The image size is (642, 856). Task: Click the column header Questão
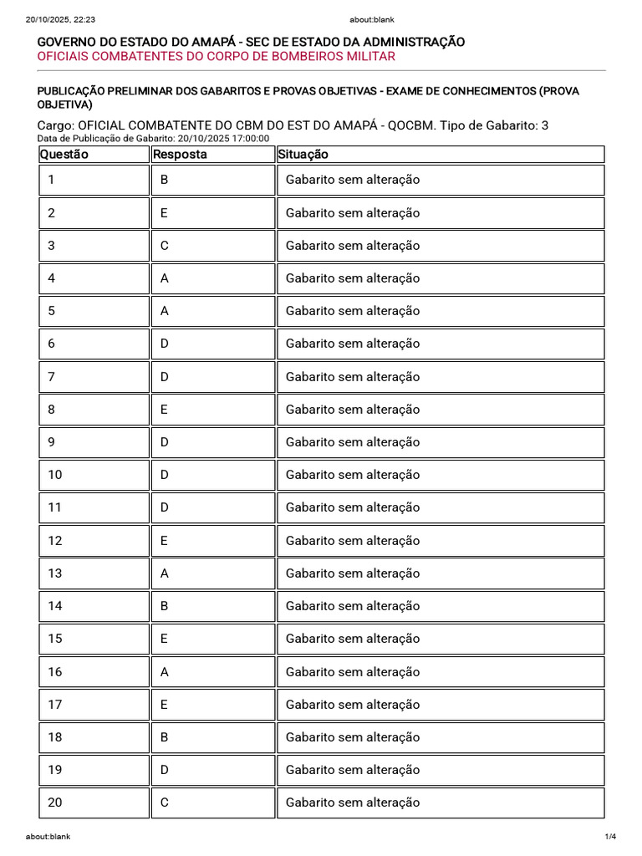(64, 155)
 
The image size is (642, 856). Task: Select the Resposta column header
(180, 155)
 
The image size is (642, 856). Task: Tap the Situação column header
(303, 155)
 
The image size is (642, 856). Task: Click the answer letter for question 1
(165, 180)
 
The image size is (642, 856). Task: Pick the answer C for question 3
(165, 246)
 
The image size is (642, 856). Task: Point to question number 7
(52, 377)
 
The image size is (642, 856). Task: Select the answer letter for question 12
(165, 541)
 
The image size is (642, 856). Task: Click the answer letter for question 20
(165, 802)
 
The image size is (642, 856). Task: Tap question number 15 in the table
(55, 639)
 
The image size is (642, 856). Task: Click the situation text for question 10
(353, 475)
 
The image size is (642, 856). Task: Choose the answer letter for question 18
(165, 737)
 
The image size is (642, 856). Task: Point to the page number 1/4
(610, 837)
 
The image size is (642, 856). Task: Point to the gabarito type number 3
(545, 125)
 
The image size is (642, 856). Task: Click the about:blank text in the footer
(48, 837)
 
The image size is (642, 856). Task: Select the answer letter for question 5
(165, 311)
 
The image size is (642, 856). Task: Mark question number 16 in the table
(55, 671)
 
